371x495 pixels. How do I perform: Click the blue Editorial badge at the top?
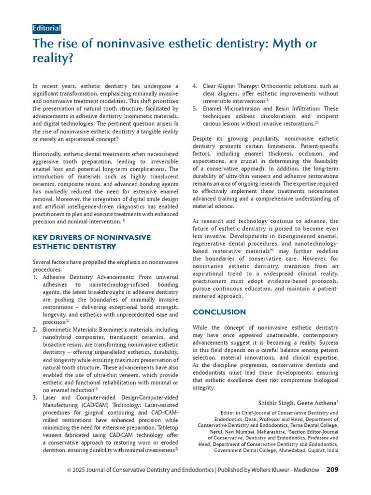(47, 28)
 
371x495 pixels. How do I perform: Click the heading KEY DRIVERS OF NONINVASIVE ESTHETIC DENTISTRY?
(92, 242)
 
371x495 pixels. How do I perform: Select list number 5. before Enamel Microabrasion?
(195, 109)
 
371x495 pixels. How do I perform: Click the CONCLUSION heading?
(219, 312)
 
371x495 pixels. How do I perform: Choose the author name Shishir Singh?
(275, 402)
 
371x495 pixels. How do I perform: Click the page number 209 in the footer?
(332, 469)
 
